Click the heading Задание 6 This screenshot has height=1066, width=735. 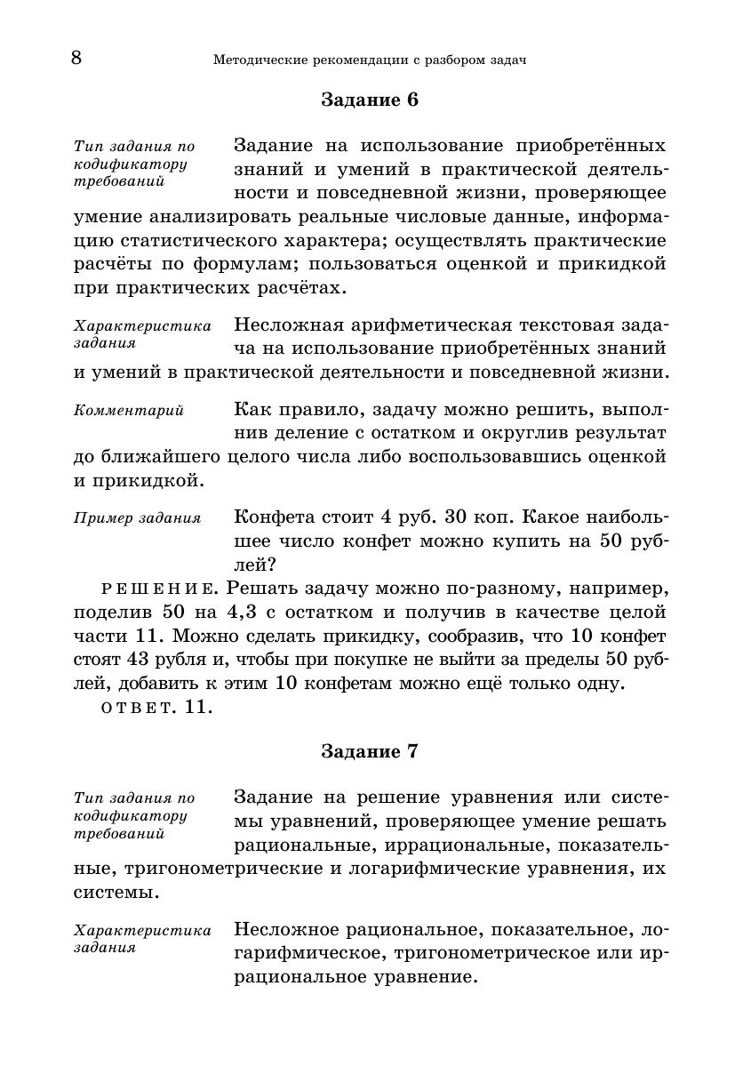[369, 100]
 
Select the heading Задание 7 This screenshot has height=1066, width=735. [369, 751]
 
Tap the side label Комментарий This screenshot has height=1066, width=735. [128, 411]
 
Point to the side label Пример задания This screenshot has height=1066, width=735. [137, 517]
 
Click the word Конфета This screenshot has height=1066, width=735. [272, 517]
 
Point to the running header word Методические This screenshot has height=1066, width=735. [258, 60]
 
